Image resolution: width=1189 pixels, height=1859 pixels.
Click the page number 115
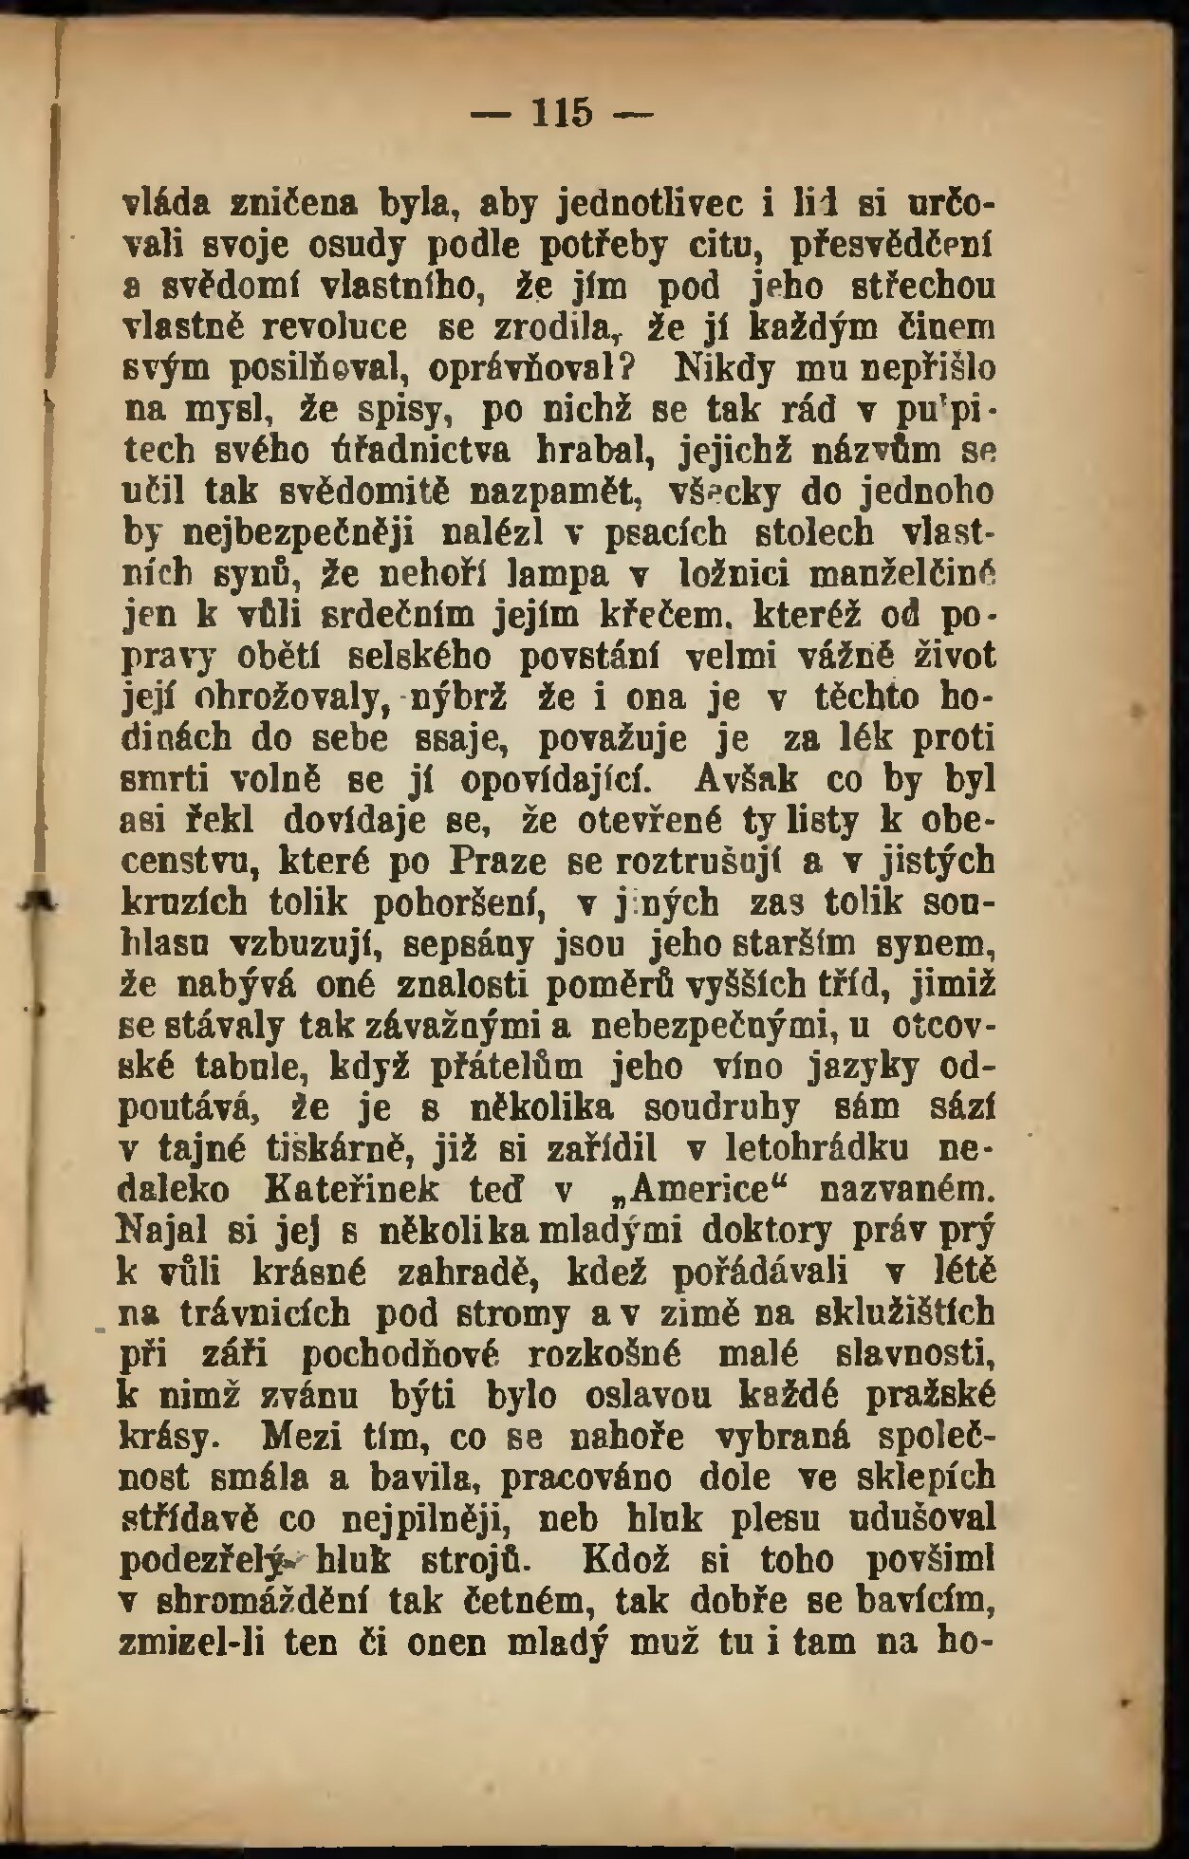(564, 113)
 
